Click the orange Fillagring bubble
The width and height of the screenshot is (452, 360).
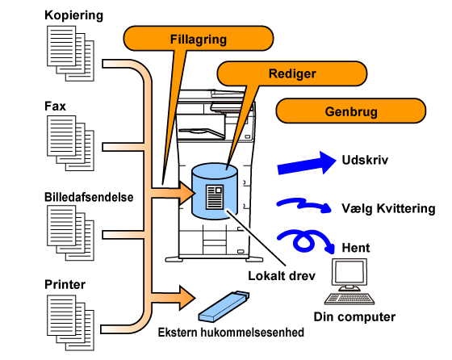(199, 39)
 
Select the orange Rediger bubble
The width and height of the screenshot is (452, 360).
(292, 73)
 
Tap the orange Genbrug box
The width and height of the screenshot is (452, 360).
(351, 111)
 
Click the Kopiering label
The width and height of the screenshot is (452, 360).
(73, 15)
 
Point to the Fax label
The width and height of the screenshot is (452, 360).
(55, 106)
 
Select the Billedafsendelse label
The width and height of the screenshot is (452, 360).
(89, 197)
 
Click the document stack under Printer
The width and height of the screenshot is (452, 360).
(70, 323)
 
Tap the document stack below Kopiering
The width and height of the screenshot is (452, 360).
(70, 53)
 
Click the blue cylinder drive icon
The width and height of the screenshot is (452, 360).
(215, 191)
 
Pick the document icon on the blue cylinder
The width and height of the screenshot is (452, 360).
(215, 197)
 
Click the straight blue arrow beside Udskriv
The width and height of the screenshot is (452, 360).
(307, 163)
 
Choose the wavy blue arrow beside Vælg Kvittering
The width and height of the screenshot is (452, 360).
(303, 204)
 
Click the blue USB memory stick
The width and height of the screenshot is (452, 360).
(224, 306)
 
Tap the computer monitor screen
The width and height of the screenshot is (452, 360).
(349, 273)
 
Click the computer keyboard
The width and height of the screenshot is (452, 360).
(349, 299)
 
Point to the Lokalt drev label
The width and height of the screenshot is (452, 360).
(282, 276)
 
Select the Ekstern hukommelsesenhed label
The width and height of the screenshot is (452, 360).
(231, 332)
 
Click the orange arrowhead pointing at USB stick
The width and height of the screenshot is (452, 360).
(186, 298)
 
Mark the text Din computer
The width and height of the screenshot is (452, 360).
(354, 316)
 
